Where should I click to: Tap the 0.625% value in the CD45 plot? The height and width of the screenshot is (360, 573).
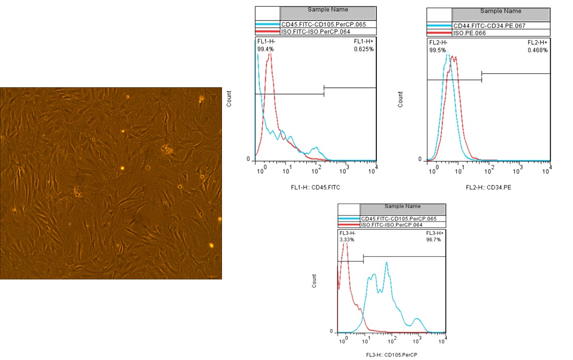[x=364, y=49]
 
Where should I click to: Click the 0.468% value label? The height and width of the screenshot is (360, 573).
[x=537, y=50]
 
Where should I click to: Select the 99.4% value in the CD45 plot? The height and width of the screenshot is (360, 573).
[x=265, y=49]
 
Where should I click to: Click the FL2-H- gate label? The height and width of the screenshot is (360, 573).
[x=438, y=42]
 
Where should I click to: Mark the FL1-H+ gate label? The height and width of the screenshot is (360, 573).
[x=363, y=41]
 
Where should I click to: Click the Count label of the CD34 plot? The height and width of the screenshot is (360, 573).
[x=401, y=99]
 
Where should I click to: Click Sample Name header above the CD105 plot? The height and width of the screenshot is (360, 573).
[x=403, y=207]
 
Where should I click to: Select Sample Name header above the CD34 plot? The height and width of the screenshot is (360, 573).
[x=500, y=11]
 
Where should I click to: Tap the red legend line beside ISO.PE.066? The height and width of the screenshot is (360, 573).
[x=439, y=33]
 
